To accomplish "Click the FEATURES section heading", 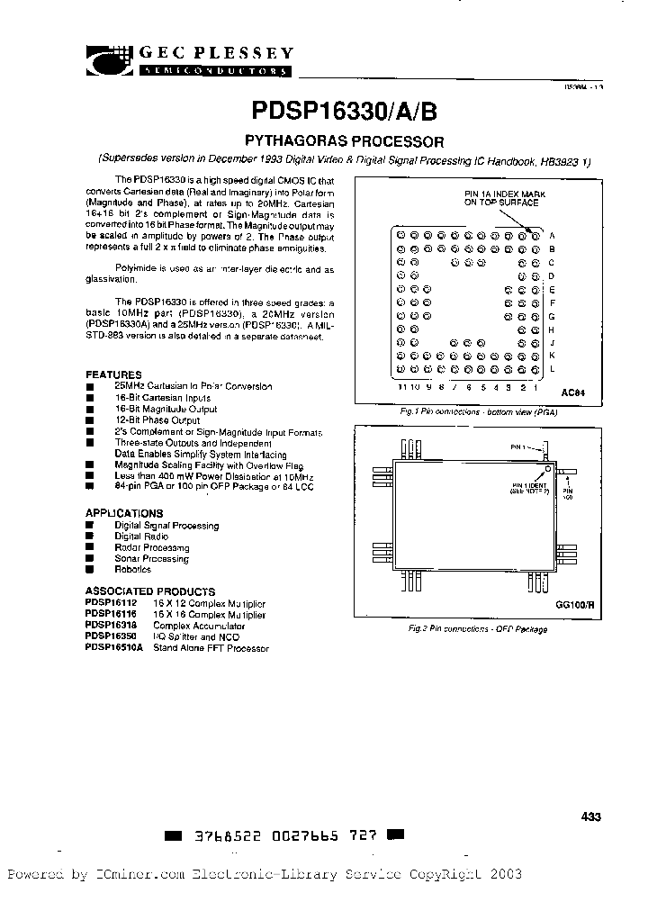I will (x=113, y=374).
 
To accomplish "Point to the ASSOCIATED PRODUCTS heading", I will (x=150, y=591).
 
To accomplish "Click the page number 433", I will (x=590, y=816).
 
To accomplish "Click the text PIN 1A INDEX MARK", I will (x=504, y=194).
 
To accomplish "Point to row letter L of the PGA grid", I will (x=552, y=369).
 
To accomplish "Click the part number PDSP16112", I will (x=110, y=603).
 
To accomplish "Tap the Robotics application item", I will (x=134, y=569).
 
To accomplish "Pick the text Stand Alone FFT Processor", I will (x=211, y=647).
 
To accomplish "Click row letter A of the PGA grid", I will (x=552, y=235).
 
